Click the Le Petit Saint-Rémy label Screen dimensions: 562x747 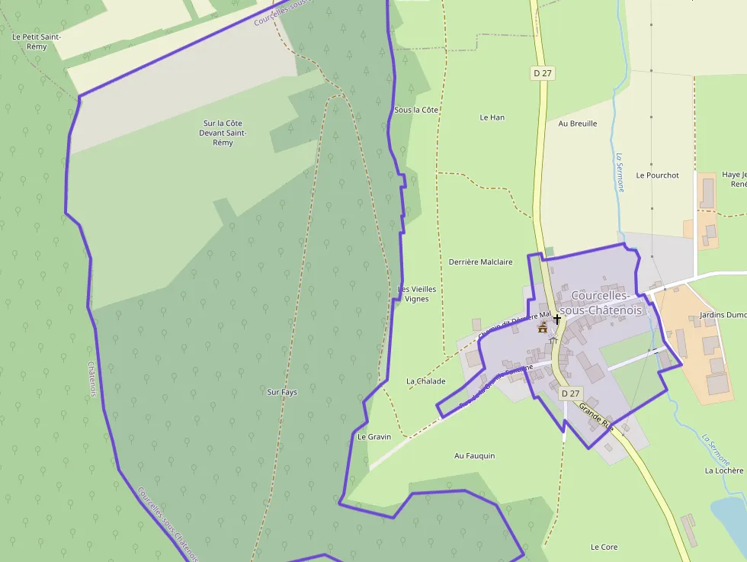37,41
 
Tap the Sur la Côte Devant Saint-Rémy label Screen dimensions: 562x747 223,133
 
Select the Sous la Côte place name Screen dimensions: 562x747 416,110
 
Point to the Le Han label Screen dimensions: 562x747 492,117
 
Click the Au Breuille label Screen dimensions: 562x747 578,124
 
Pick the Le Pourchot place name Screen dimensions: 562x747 657,175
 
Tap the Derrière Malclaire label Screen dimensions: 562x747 480,262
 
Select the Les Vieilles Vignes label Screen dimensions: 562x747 417,294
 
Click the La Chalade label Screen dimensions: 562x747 425,381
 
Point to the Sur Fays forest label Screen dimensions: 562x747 282,392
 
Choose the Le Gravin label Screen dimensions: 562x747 374,437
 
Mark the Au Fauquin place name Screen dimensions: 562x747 474,456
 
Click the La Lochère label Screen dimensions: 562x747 723,470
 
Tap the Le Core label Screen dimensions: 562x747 604,547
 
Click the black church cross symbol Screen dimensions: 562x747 557,319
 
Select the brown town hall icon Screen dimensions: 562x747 543,328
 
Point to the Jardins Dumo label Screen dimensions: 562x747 721,314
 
